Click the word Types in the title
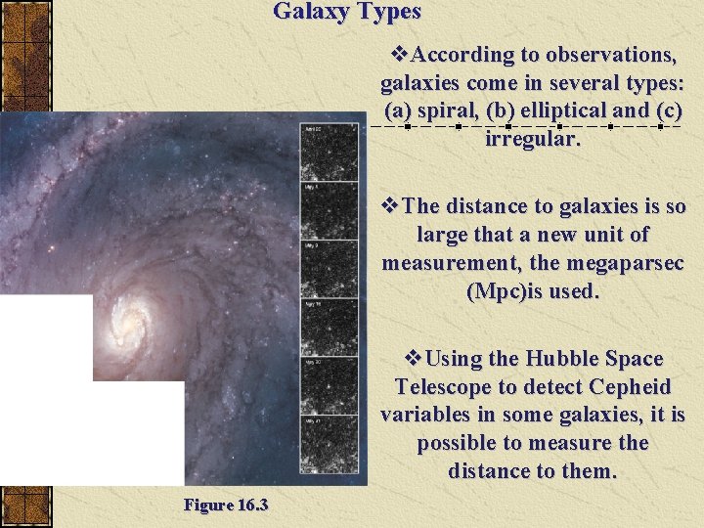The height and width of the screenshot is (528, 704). pos(389,12)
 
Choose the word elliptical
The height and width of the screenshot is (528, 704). pos(567,110)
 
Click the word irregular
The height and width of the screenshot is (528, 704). pos(532,138)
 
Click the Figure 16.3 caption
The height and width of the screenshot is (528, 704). pos(226,505)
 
